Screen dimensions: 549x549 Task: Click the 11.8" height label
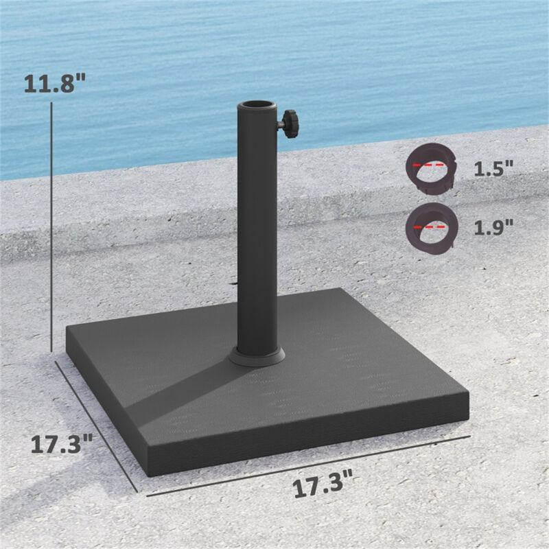pos(55,84)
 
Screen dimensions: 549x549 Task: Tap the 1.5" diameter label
pos(493,170)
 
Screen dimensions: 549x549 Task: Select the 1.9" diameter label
pos(493,227)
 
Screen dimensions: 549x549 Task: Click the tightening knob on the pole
pos(288,125)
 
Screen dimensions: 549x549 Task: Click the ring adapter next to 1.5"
pos(430,168)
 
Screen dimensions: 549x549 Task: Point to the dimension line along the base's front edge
pos(309,465)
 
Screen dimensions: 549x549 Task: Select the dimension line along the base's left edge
pos(96,425)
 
